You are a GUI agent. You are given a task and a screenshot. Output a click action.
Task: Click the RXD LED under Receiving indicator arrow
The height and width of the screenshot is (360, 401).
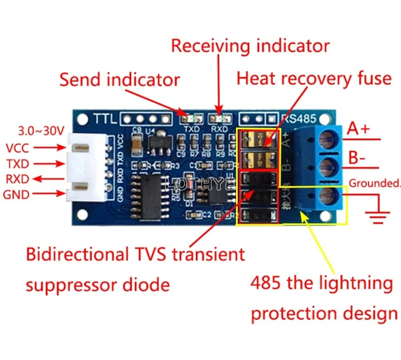tap(219, 119)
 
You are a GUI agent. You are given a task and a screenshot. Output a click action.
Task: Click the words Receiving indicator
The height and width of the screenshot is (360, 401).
tap(250, 46)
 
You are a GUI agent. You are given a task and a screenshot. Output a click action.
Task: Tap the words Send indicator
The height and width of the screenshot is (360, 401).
tap(120, 80)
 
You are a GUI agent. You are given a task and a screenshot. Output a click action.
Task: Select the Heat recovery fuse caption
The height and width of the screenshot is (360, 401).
tap(314, 79)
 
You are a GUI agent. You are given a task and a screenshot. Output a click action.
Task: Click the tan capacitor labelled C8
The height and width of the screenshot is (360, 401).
tap(136, 143)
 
